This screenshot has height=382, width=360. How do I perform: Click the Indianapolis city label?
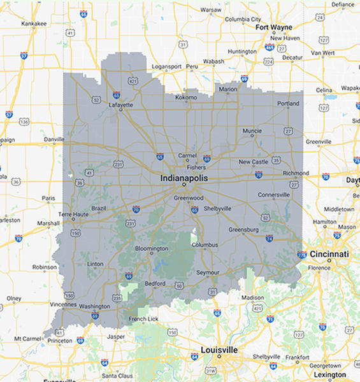184,178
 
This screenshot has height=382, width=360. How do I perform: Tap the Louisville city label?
219,350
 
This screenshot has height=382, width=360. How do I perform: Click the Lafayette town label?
121,104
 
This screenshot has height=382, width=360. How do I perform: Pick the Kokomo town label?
185,97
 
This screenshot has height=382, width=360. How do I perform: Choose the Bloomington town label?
151,248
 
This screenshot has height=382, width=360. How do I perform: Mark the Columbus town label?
205,244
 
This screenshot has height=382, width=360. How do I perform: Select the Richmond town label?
296,173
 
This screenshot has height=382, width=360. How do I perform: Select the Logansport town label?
167,66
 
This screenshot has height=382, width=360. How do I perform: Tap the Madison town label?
252,297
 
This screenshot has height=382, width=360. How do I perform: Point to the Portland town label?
288,103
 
